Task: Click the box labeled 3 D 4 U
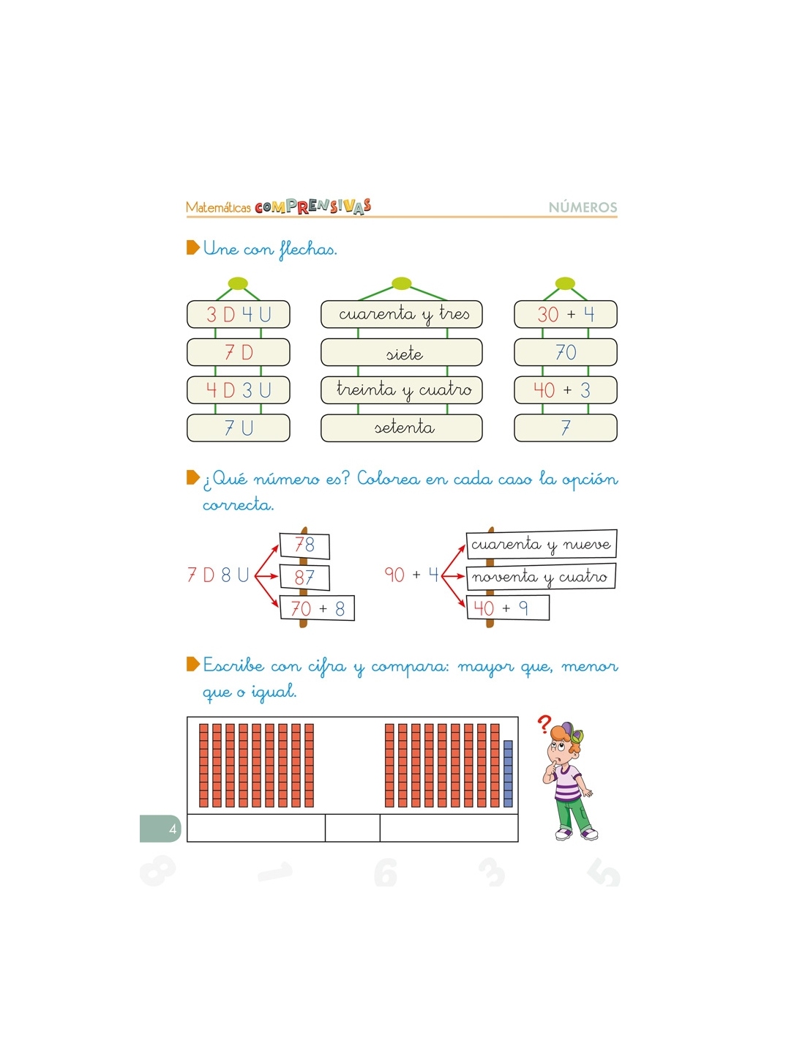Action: [x=238, y=314]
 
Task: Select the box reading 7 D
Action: [x=238, y=352]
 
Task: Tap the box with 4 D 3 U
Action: [x=238, y=390]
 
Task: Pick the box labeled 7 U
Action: [x=238, y=428]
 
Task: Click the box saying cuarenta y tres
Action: [x=401, y=314]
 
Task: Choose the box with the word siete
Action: [x=401, y=352]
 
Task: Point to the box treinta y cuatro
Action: [x=401, y=390]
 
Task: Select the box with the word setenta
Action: [x=401, y=428]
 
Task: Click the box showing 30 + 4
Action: [x=565, y=314]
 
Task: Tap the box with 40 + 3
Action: [x=565, y=390]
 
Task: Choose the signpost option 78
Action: [x=304, y=545]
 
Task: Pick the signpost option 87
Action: [x=304, y=578]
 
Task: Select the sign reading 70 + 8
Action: [x=317, y=608]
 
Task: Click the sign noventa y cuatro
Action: [x=541, y=576]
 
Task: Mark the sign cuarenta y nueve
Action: [x=541, y=544]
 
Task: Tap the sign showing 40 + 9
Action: [x=508, y=608]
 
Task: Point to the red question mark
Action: [x=544, y=724]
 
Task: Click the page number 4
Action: [x=173, y=829]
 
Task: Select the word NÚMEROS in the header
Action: [x=583, y=207]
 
